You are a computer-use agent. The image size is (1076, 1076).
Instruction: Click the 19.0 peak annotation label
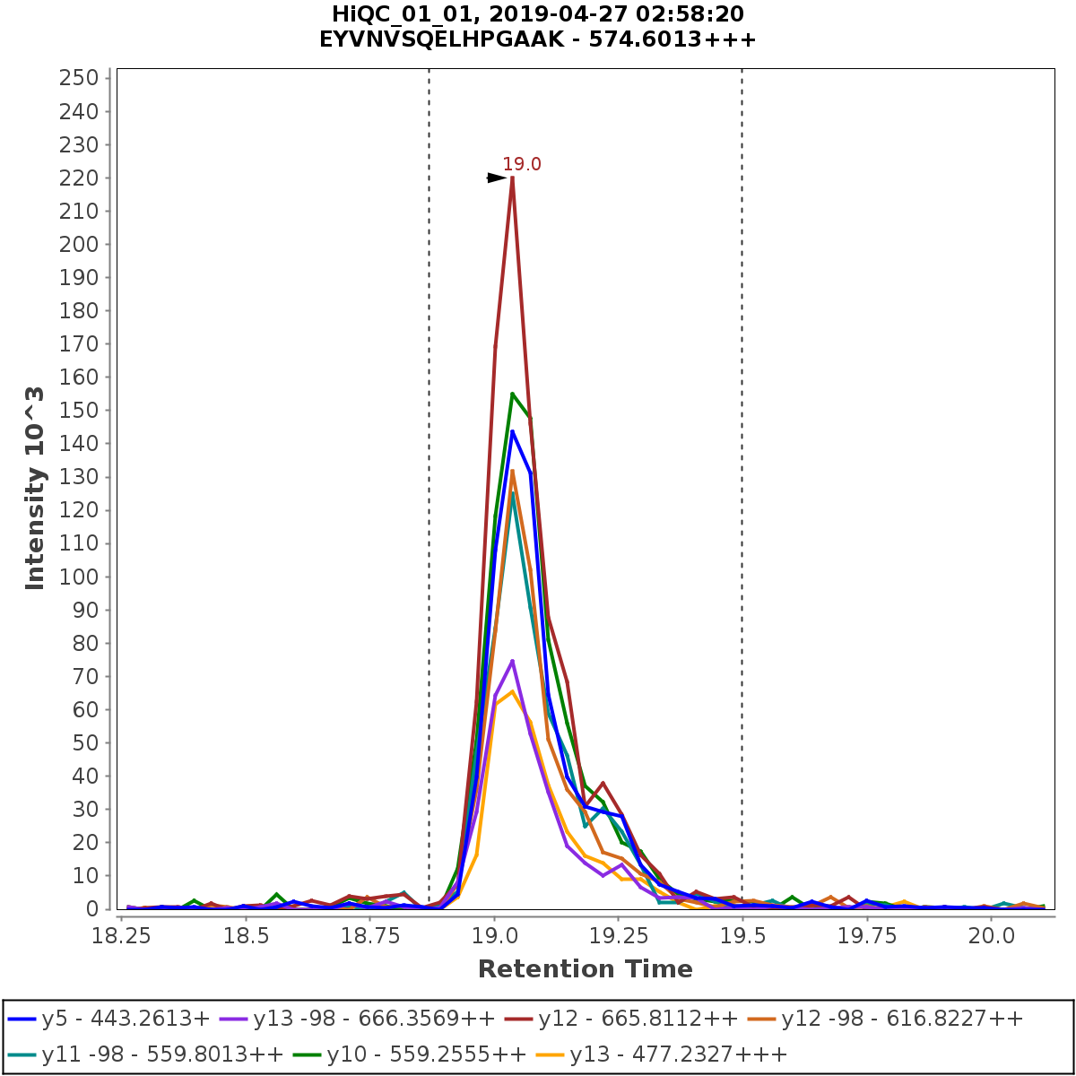click(x=521, y=165)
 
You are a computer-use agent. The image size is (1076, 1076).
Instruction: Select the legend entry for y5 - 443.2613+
click(x=108, y=1019)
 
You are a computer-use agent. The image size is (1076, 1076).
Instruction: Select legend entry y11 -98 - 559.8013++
click(x=145, y=1054)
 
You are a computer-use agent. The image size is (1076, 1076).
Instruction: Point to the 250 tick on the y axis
click(x=78, y=78)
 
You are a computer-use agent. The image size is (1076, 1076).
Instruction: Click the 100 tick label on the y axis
click(x=78, y=577)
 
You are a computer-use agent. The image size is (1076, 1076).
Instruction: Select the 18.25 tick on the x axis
click(x=122, y=935)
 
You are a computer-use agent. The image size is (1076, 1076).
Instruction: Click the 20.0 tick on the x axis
click(x=992, y=935)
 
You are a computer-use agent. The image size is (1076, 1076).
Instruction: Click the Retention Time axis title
click(x=585, y=969)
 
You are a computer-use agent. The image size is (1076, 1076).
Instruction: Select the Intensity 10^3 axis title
click(x=35, y=488)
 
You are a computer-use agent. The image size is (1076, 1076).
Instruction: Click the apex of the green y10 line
click(x=512, y=394)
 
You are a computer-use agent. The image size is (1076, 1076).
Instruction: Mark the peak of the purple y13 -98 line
click(x=512, y=661)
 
